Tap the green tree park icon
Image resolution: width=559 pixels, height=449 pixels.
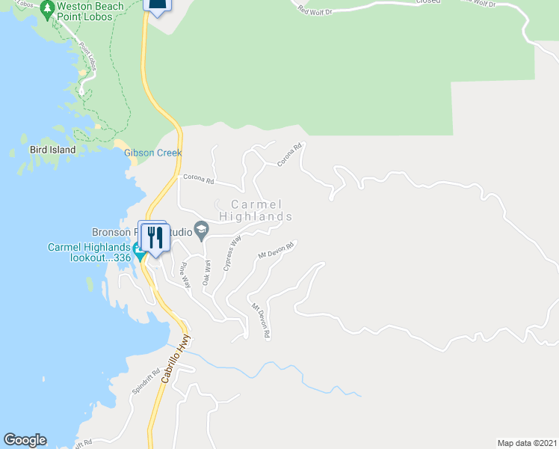(47, 10)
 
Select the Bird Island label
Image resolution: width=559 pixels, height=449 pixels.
(52, 150)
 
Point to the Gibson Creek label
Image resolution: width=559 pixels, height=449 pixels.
(153, 153)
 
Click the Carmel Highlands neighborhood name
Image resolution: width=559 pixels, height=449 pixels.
(256, 210)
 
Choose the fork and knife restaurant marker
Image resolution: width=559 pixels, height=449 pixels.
(155, 238)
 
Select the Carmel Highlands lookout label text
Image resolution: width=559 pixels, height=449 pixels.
(89, 252)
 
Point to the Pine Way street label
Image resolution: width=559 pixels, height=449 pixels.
(184, 275)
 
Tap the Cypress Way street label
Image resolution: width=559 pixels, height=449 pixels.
(232, 257)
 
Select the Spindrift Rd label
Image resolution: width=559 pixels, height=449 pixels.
(146, 382)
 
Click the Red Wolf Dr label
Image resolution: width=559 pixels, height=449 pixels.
(315, 10)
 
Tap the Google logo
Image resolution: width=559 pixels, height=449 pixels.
(25, 440)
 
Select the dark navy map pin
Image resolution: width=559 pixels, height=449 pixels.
(157, 6)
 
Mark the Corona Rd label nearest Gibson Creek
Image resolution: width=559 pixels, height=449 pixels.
(199, 180)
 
